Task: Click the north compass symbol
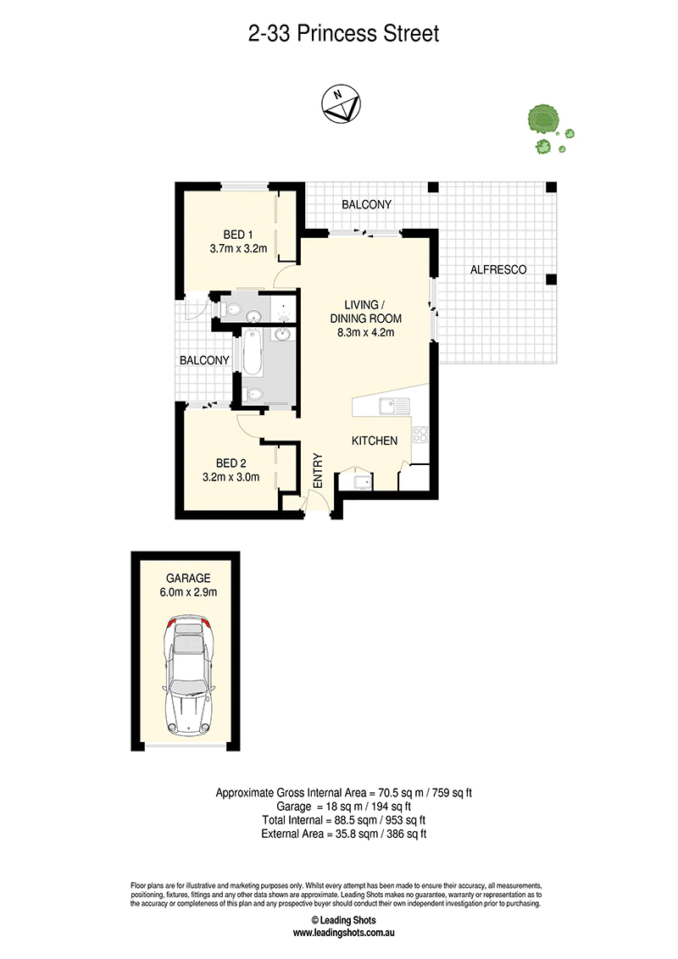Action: click(x=341, y=104)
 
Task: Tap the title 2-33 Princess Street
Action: click(x=343, y=33)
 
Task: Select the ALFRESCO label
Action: click(x=498, y=269)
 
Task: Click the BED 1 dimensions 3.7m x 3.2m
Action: click(x=238, y=248)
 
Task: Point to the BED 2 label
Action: click(x=231, y=463)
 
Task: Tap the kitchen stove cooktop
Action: click(x=420, y=435)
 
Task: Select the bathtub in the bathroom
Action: click(x=253, y=353)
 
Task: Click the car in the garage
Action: click(x=187, y=678)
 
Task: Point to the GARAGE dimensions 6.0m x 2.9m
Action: click(x=188, y=592)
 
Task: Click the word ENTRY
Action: click(x=318, y=470)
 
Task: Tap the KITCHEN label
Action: click(x=375, y=441)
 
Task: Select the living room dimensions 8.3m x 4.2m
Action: click(x=366, y=333)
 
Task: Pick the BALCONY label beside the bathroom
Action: click(x=204, y=360)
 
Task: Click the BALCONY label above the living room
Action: click(x=366, y=204)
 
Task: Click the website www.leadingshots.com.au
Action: click(x=343, y=933)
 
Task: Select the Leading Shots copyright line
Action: click(x=343, y=920)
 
